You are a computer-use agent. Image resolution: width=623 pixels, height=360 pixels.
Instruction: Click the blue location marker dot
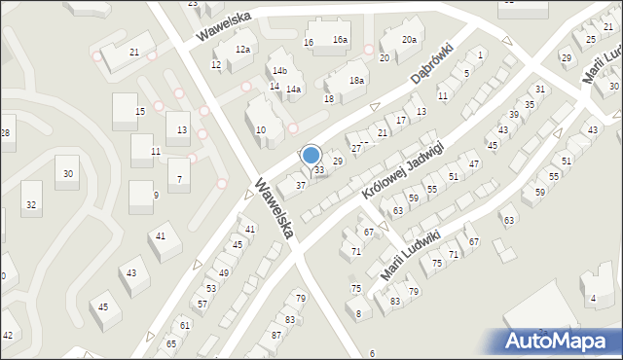(311, 155)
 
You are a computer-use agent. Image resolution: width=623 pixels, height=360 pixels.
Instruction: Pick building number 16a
(340, 40)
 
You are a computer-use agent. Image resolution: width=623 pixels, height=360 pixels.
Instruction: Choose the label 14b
(280, 71)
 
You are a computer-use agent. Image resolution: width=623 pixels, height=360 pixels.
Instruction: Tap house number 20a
(410, 40)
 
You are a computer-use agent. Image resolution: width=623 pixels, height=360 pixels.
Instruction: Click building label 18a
(357, 81)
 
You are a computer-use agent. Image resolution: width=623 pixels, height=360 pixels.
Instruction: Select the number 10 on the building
(261, 129)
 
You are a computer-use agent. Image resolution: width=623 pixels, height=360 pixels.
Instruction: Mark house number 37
(302, 185)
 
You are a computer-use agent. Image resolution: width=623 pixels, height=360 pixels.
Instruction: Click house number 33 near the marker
(318, 170)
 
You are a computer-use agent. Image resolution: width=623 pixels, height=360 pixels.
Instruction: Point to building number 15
(140, 112)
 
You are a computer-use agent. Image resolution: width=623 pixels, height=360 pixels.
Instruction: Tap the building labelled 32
(31, 204)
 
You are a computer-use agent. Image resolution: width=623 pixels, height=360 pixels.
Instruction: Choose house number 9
(156, 195)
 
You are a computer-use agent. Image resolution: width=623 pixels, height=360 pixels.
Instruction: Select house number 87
(276, 335)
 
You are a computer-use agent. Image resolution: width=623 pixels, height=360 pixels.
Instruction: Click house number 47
(474, 163)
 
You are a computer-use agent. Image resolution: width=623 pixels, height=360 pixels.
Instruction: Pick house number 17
(401, 119)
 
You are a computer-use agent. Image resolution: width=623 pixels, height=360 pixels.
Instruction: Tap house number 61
(185, 325)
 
